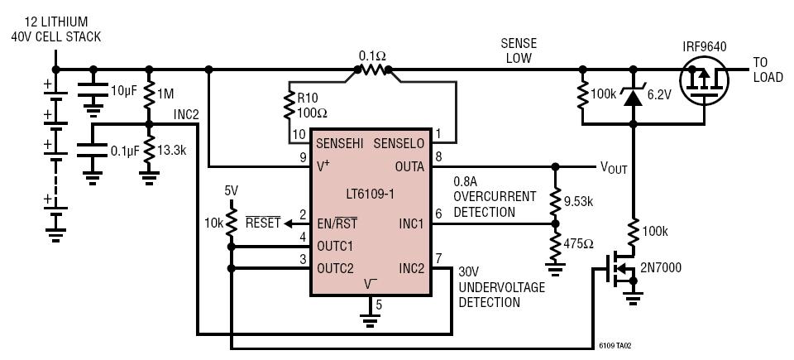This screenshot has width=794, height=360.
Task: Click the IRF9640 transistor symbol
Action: [704, 80]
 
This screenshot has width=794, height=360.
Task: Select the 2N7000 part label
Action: [661, 267]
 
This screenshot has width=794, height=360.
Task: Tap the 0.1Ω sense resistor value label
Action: [373, 55]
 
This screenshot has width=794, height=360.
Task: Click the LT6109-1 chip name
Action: [371, 193]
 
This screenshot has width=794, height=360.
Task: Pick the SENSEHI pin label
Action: [340, 143]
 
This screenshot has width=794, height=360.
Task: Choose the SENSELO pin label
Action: [399, 143]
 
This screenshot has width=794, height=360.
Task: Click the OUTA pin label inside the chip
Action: [410, 166]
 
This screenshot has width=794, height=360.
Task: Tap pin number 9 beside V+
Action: [303, 158]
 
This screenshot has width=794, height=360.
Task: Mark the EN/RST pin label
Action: [337, 223]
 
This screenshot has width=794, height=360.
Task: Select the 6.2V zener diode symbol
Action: [633, 95]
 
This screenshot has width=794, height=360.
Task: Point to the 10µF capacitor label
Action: [124, 92]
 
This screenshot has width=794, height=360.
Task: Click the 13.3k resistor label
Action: [173, 151]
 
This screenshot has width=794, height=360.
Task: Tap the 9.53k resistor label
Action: [579, 201]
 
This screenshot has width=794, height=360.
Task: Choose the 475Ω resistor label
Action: [579, 243]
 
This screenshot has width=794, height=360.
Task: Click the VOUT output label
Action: [614, 167]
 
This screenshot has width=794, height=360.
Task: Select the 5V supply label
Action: [232, 190]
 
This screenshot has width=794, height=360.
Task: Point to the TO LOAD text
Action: [768, 70]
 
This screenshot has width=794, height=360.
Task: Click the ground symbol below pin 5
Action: [371, 319]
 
